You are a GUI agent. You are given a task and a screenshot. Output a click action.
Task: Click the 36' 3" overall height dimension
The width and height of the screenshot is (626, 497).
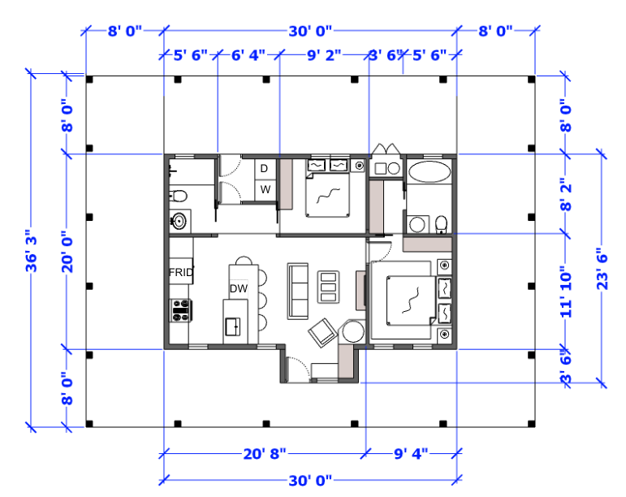(x=31, y=251)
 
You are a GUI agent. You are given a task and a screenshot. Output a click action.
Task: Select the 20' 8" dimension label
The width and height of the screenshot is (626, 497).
(x=265, y=454)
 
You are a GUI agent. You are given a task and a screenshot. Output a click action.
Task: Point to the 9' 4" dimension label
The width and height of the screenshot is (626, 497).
(x=411, y=454)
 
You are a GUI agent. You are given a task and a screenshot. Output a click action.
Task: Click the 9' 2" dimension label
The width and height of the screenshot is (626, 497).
(x=324, y=55)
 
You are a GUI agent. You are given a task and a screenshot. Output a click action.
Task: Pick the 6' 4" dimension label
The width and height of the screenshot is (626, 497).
(x=248, y=55)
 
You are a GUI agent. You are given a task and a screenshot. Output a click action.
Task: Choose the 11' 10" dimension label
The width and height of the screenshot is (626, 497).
(x=566, y=292)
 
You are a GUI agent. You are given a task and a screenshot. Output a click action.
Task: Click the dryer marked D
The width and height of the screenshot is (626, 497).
(x=264, y=169)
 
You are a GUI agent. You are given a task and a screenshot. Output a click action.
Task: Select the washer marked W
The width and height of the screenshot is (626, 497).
(x=265, y=189)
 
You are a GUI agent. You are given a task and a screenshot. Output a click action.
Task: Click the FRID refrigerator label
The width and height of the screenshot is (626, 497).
(x=181, y=272)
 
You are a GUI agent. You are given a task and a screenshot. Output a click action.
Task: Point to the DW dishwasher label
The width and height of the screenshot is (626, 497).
(x=239, y=288)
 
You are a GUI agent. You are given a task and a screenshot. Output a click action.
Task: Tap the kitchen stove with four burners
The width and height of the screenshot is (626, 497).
(x=180, y=310)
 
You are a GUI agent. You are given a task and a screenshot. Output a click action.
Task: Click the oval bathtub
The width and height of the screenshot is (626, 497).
(x=430, y=171)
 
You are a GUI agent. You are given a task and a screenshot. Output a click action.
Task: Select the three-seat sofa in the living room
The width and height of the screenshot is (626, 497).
(x=298, y=291)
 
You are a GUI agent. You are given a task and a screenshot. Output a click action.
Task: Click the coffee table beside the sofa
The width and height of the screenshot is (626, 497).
(x=329, y=287)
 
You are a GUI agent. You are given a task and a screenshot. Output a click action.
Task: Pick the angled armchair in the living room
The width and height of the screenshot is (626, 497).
(x=323, y=332)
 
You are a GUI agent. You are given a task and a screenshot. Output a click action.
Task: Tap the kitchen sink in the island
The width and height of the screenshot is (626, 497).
(x=232, y=326)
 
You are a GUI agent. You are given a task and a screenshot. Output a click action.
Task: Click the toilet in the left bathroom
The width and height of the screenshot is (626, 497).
(x=178, y=196)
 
